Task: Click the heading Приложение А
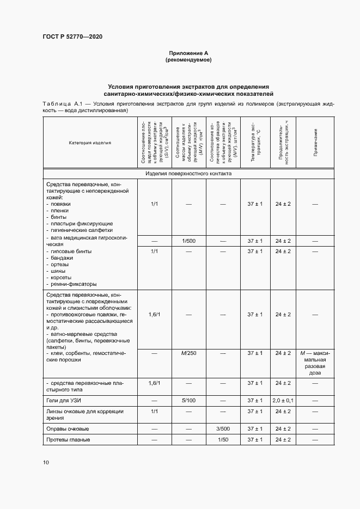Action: tap(188, 53)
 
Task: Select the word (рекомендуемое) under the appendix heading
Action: tap(188, 60)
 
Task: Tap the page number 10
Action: tap(45, 462)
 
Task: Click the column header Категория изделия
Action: tap(90, 143)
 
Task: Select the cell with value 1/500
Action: tap(189, 241)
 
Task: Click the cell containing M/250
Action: tap(189, 353)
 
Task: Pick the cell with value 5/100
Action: tap(189, 400)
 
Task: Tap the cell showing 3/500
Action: tap(223, 428)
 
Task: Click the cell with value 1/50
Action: tap(223, 439)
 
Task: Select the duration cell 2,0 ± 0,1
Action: tap(283, 400)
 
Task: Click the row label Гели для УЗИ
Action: tap(64, 400)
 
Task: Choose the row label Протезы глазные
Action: tap(68, 439)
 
